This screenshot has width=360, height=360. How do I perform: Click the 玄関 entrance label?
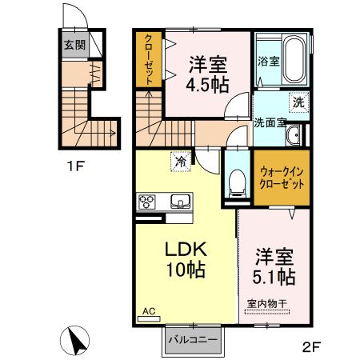(x=70, y=46)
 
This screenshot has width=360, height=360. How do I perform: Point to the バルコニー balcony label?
(x=192, y=341)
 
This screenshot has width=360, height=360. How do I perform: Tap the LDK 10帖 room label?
(x=185, y=258)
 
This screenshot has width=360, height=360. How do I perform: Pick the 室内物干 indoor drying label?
(x=268, y=304)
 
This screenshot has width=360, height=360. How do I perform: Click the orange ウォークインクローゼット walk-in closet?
(x=277, y=177)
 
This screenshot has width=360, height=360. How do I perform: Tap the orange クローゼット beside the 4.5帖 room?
(x=149, y=59)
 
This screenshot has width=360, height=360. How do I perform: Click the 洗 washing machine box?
(x=298, y=102)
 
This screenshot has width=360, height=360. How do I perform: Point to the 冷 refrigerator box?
(x=182, y=162)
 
